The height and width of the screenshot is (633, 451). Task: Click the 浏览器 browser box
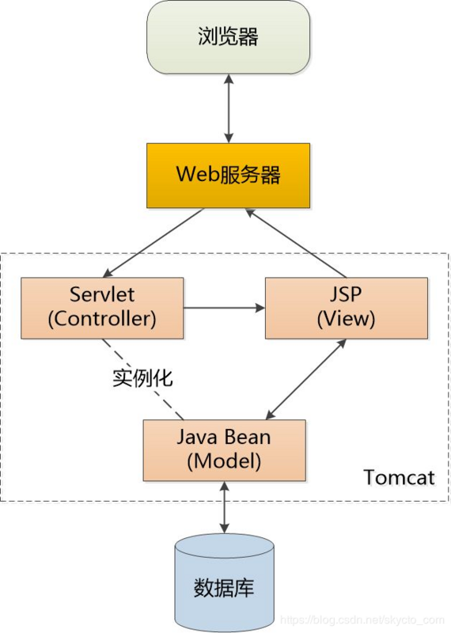point(228,37)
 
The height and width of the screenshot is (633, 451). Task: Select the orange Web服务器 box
point(228,175)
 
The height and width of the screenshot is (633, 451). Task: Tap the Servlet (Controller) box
point(102,307)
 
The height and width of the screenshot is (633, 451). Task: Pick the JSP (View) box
point(346,307)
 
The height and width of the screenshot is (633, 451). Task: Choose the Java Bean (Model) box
point(224,449)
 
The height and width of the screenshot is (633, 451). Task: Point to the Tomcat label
point(399,477)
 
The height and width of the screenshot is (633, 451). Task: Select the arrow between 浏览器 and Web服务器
point(228,108)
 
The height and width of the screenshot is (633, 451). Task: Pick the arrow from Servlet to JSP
point(224,308)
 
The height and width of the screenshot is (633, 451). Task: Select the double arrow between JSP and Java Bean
point(306,379)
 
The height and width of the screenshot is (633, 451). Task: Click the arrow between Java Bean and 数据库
point(224,506)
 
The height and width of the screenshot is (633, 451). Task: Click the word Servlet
point(102,295)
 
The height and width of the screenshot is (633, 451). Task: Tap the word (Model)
point(224,461)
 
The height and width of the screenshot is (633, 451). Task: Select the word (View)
point(346,319)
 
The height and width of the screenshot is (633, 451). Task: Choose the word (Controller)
point(102,319)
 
